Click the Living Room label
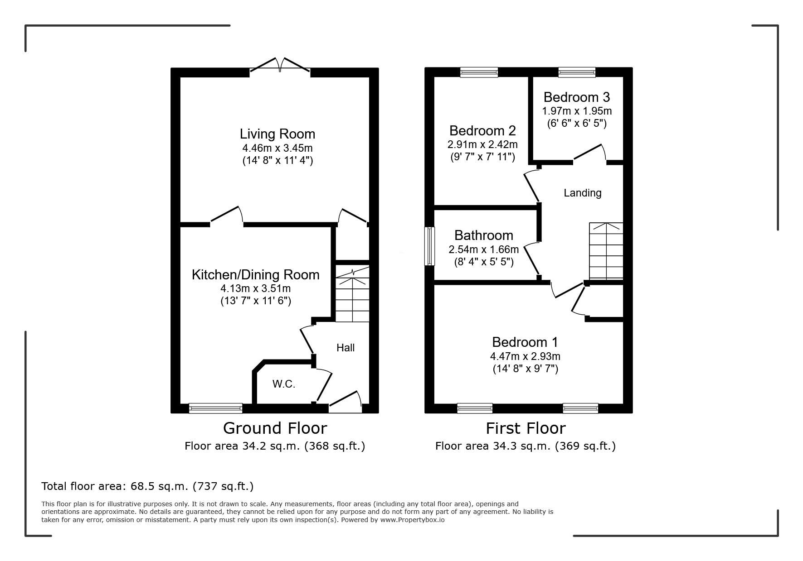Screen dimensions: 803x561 277,134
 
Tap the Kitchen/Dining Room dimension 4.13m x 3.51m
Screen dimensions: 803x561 256,288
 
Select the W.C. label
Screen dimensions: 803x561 284,384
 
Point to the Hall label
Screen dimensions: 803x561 346,348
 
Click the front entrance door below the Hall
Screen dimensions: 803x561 345,402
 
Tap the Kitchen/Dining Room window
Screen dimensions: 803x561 216,408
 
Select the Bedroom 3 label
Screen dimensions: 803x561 577,97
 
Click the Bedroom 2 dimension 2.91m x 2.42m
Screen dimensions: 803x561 482,145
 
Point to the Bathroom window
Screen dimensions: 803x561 429,246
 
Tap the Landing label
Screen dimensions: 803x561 583,193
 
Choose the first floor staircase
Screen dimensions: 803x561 606,251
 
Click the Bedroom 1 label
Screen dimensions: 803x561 525,342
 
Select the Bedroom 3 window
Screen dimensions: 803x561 577,72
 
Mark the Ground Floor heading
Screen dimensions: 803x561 275,428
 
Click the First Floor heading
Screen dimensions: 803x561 526,428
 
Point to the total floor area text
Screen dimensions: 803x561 147,486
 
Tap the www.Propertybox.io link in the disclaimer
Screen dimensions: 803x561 412,520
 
